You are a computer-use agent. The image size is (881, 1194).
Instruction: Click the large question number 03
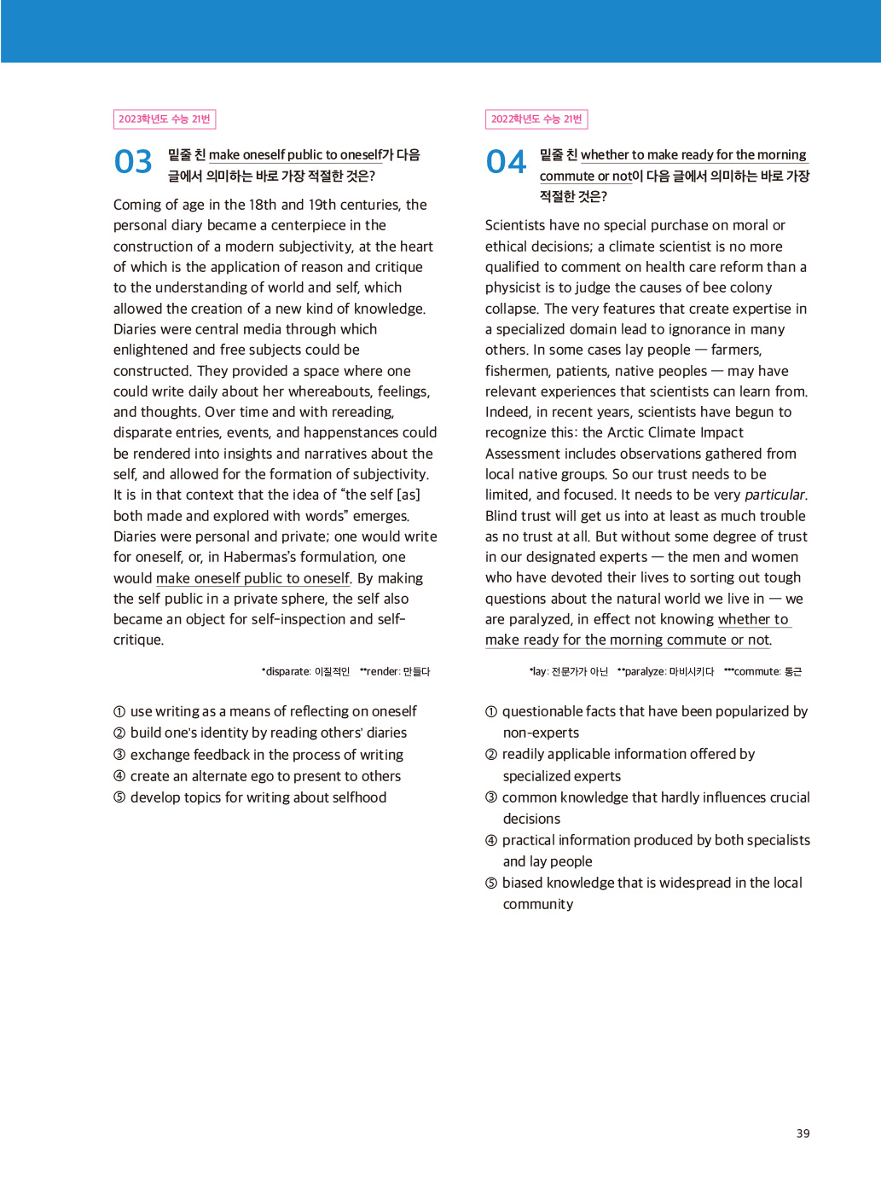click(x=133, y=162)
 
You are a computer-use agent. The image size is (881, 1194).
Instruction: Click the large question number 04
click(x=506, y=162)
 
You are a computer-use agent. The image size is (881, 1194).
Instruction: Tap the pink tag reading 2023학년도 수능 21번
click(x=165, y=119)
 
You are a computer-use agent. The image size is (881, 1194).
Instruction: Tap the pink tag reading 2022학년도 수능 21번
click(x=536, y=119)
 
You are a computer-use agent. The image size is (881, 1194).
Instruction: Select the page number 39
click(x=803, y=1133)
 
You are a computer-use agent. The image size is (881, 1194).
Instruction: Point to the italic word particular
click(x=774, y=495)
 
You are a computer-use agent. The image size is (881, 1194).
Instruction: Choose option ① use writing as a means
click(x=265, y=711)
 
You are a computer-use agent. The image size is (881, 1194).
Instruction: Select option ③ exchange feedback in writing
click(x=258, y=755)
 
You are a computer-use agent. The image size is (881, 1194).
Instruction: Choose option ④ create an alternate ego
click(x=257, y=776)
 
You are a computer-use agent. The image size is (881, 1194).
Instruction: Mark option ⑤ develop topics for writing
click(x=250, y=797)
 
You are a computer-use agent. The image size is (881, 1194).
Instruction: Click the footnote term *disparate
click(x=287, y=672)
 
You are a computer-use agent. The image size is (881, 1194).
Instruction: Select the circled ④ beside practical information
click(x=491, y=841)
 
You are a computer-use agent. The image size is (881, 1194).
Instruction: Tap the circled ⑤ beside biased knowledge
click(x=491, y=884)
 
